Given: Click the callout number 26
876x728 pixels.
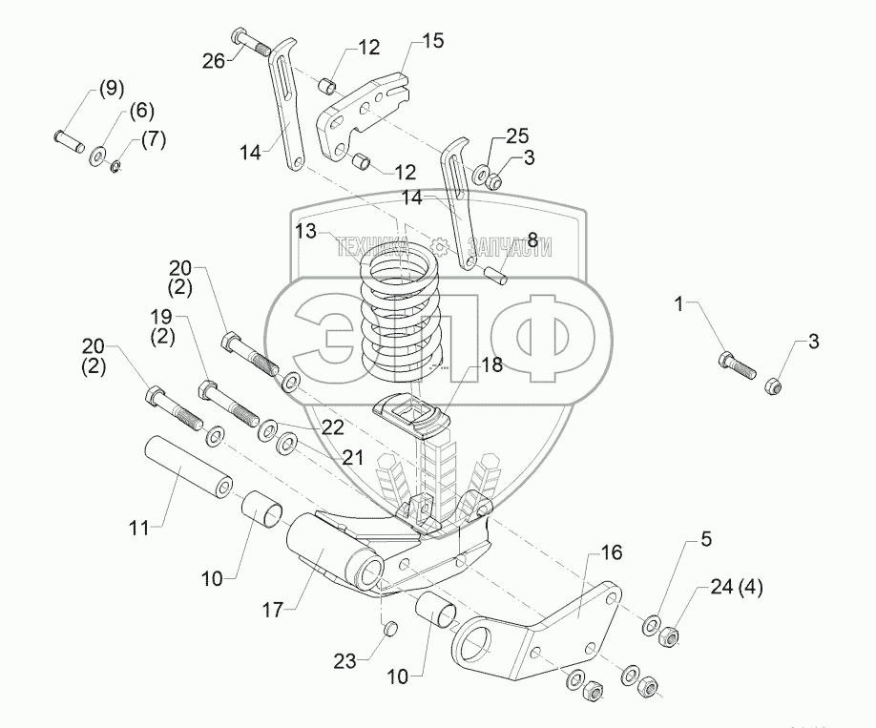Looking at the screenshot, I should pyautogui.click(x=215, y=60).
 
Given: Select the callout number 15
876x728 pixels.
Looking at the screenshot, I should pyautogui.click(x=432, y=41).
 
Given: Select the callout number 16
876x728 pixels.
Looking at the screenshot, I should pyautogui.click(x=611, y=552).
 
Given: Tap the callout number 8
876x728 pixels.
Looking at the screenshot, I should pyautogui.click(x=532, y=239).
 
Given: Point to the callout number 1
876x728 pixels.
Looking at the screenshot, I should pyautogui.click(x=679, y=304).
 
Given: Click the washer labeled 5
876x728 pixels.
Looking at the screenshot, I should pyautogui.click(x=651, y=625).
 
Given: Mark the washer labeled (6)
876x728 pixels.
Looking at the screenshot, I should pyautogui.click(x=98, y=156).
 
